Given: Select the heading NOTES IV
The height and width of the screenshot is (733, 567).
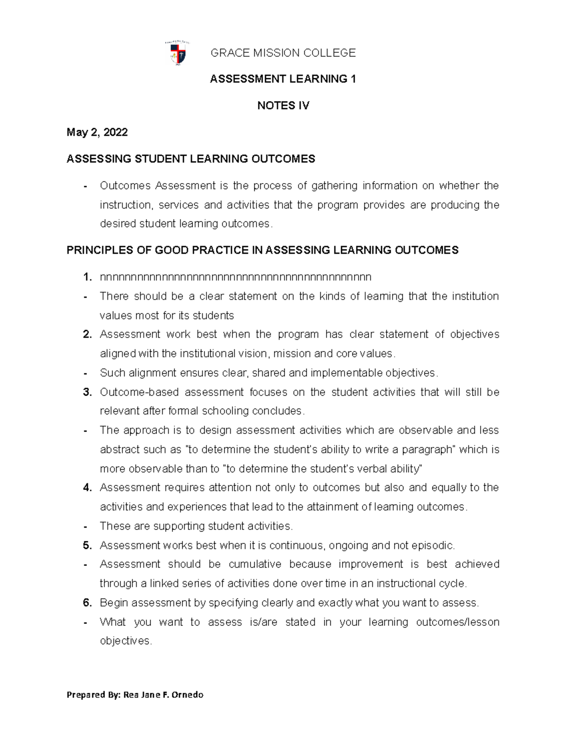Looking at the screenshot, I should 283,106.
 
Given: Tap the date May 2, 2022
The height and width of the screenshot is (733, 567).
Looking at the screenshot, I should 97,133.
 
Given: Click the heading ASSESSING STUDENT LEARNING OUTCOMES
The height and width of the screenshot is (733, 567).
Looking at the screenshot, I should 191,159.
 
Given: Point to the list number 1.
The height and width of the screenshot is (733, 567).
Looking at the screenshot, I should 86,277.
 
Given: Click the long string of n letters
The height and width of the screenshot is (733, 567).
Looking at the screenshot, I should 235,277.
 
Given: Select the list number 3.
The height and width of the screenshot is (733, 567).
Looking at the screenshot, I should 86,392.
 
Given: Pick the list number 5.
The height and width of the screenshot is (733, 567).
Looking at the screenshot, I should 86,546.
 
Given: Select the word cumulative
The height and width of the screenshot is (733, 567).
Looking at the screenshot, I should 255,564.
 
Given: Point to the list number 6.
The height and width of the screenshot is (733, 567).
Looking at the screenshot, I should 86,603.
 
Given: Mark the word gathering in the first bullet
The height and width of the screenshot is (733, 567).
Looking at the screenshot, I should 334,185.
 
